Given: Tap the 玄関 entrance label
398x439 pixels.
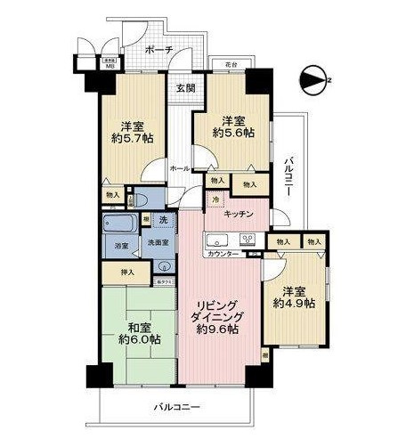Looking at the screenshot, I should click(185, 87).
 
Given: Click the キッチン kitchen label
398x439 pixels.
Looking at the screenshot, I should click(240, 215).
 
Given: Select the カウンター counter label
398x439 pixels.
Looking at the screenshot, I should click(222, 254).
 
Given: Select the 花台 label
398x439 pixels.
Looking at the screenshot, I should click(233, 65).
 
